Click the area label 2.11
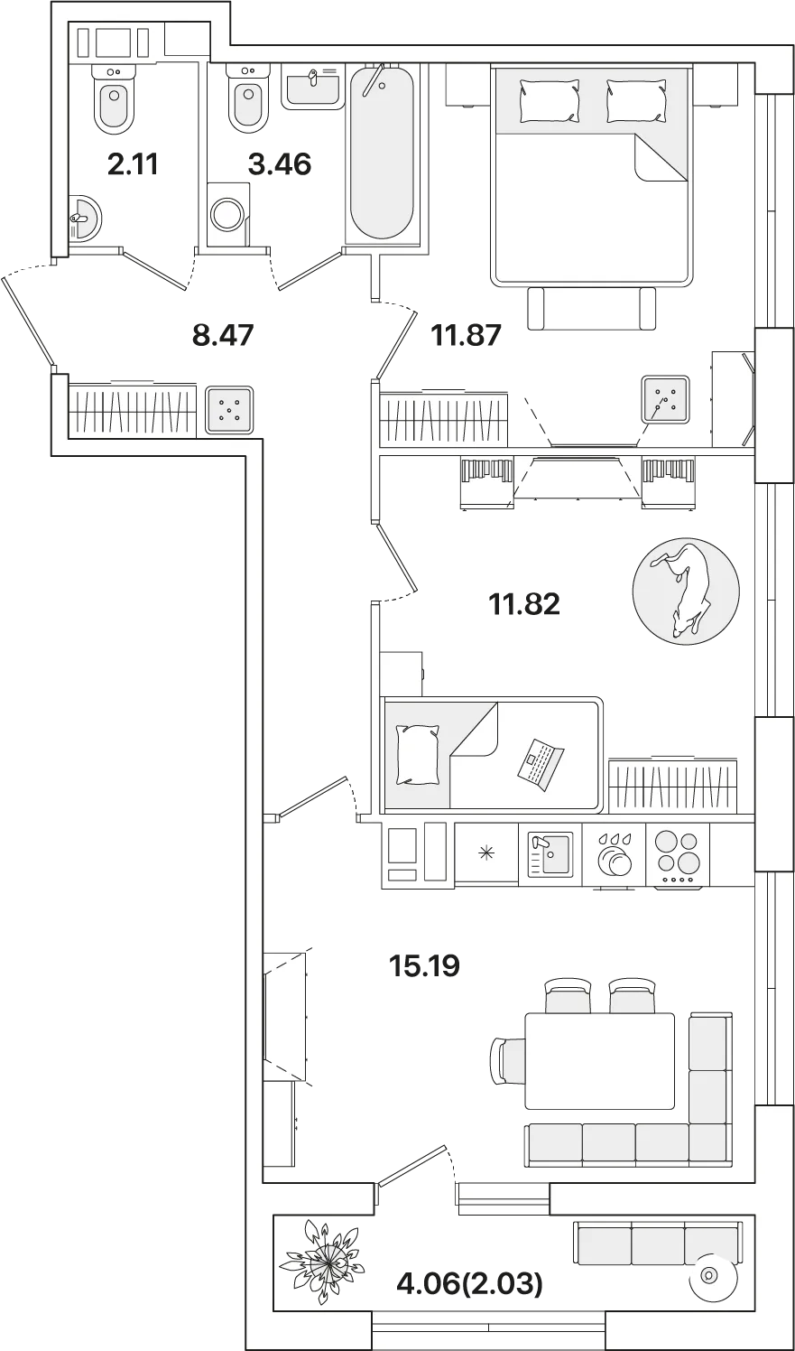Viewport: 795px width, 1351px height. click(x=133, y=164)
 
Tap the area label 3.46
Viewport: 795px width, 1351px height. click(x=280, y=164)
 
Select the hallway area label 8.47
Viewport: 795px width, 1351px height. click(x=223, y=335)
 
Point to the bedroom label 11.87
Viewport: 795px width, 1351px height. click(x=466, y=335)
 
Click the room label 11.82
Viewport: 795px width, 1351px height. click(x=525, y=604)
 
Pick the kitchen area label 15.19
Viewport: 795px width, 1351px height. click(x=425, y=965)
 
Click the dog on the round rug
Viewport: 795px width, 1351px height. click(x=684, y=588)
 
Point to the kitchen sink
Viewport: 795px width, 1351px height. click(x=550, y=853)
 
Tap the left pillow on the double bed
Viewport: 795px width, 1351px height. click(x=549, y=101)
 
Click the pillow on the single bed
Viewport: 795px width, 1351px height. click(x=417, y=754)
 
